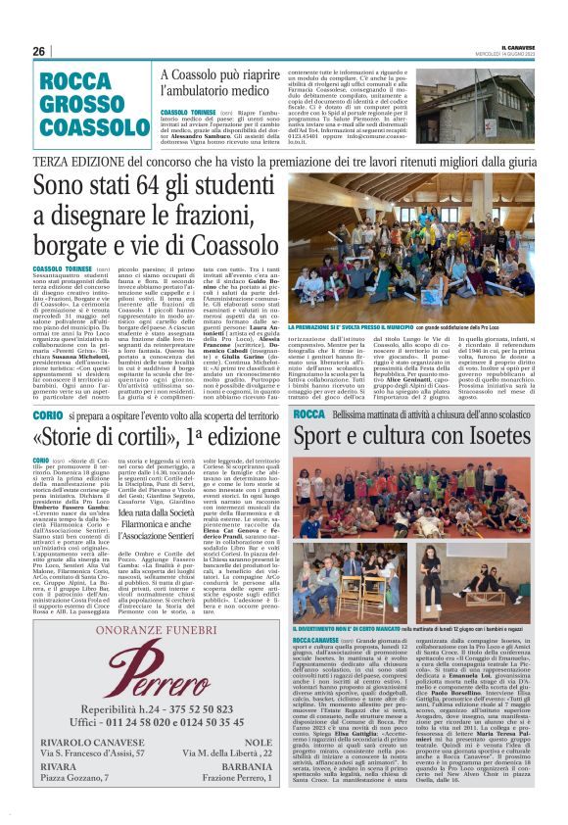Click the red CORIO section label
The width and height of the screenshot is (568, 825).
48,416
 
